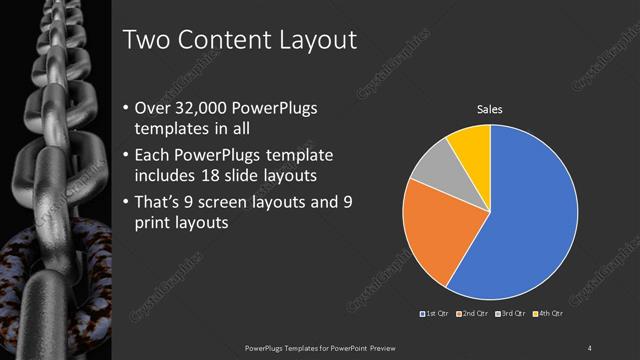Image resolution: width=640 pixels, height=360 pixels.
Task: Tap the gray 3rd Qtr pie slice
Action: (432, 170)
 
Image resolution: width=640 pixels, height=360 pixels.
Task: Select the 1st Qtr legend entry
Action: (433, 315)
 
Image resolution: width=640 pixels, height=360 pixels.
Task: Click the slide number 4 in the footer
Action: (590, 348)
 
